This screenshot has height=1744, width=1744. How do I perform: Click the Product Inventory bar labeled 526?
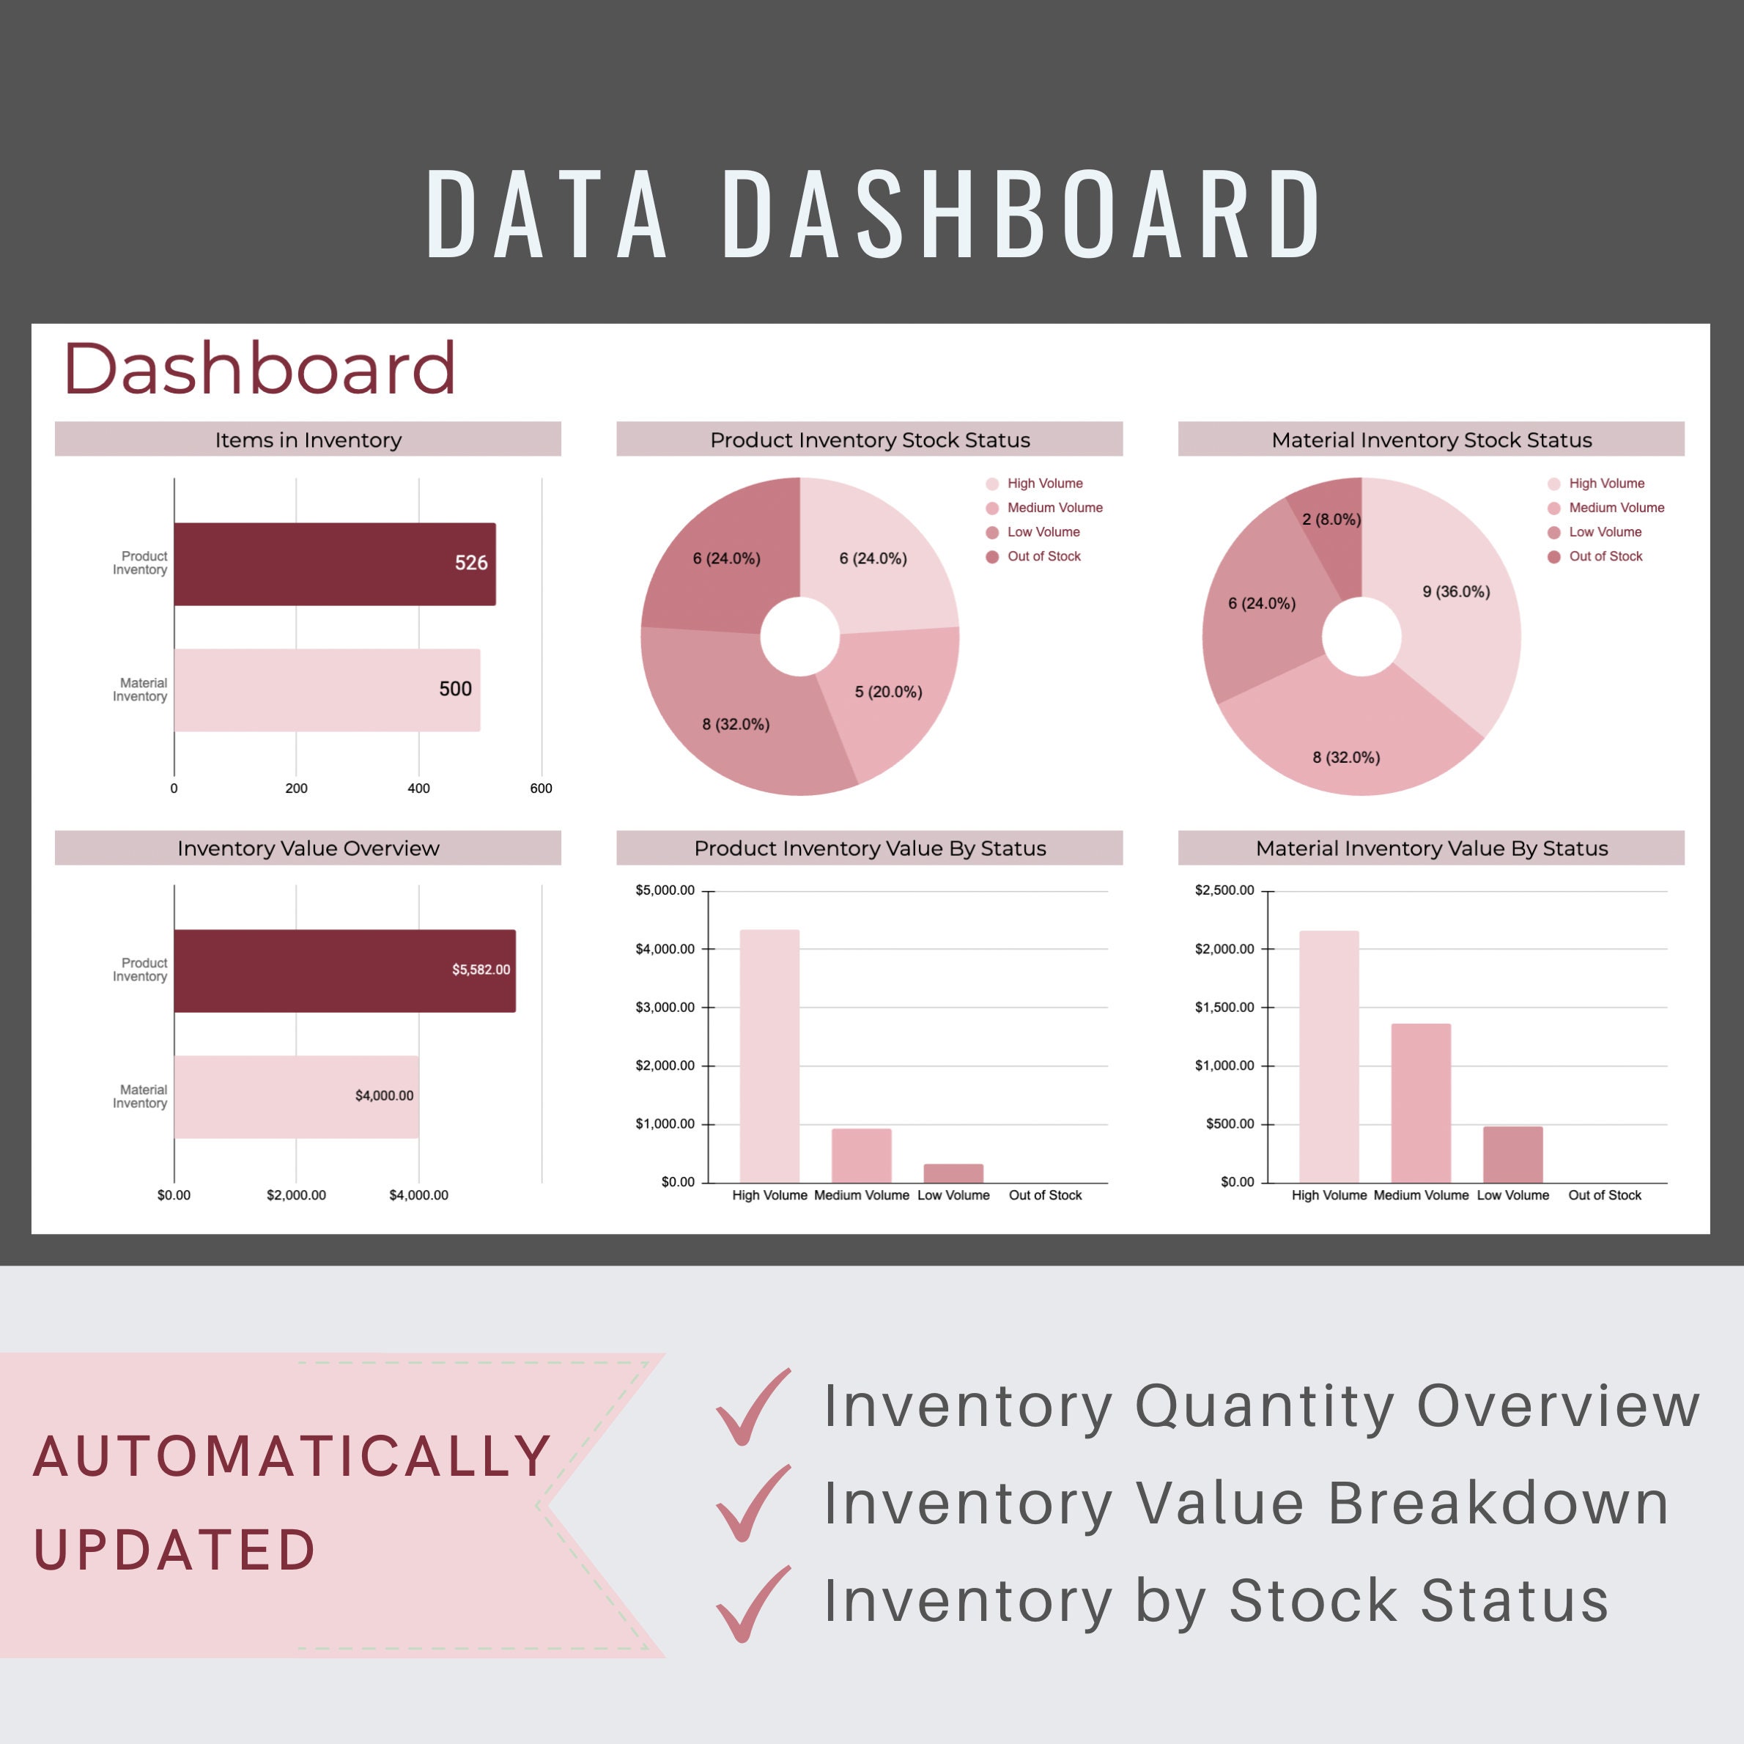tap(334, 564)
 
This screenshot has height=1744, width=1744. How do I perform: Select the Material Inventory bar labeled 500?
tap(327, 690)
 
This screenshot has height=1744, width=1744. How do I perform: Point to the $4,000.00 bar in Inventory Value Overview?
tap(296, 1096)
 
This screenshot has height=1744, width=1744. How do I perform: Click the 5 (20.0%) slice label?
tap(888, 692)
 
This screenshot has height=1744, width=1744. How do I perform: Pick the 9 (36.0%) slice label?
tap(1455, 592)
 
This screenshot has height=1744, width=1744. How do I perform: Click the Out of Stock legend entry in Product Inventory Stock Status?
tap(1043, 557)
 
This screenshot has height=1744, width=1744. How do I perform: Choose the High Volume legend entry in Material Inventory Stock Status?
tap(1606, 484)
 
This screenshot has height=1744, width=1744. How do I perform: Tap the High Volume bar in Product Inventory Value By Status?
tap(769, 1056)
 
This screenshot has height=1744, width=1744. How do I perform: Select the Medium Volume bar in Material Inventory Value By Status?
tap(1420, 1103)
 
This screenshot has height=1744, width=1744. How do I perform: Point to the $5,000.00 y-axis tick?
tap(665, 890)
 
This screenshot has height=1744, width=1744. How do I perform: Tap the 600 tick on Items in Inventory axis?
tap(541, 788)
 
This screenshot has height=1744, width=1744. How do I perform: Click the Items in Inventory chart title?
tap(308, 440)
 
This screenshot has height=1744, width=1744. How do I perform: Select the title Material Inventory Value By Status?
tap(1431, 849)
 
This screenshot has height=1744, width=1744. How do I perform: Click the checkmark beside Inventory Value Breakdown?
tap(752, 1504)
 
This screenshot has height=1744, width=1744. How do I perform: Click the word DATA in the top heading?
tap(546, 215)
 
